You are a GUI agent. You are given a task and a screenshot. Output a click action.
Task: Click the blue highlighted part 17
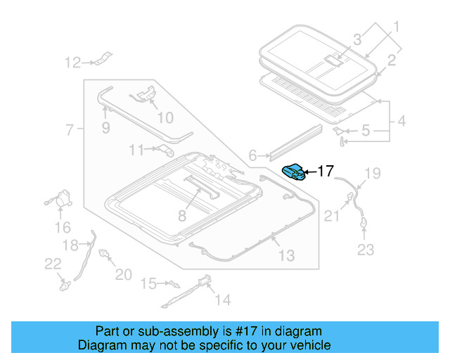pos(294,171)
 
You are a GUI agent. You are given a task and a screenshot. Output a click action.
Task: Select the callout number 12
pos(73,63)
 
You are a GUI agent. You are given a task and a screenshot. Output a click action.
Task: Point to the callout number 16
pos(63,227)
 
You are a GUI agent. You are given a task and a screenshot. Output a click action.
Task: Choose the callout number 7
pos(70,129)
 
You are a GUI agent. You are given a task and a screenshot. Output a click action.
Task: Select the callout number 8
pos(181,216)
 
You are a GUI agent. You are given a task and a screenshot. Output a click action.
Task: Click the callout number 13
pos(286,255)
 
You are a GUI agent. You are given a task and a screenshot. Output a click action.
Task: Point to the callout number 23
pos(366,249)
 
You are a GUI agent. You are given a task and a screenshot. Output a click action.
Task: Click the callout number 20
pos(123,274)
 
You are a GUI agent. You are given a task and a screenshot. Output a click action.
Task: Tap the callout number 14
pos(222,300)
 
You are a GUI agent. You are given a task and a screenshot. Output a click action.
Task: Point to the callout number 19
pos(372,173)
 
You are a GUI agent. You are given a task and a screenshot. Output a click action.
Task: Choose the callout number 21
pos(330,217)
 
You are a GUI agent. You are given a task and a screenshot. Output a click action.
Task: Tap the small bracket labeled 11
pos(166,149)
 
